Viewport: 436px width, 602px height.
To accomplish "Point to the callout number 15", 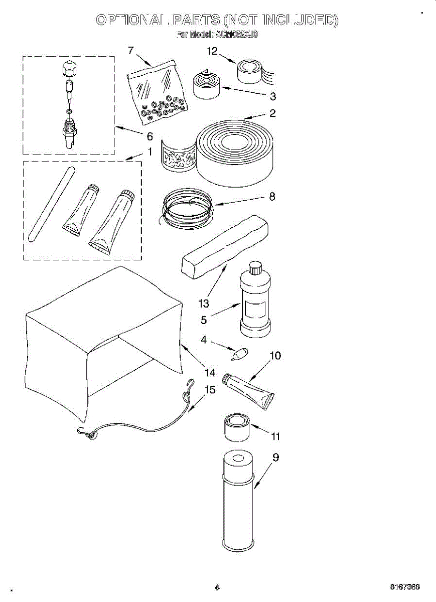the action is pyautogui.click(x=210, y=389).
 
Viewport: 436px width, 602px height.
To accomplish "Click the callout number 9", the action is pyautogui.click(x=275, y=458).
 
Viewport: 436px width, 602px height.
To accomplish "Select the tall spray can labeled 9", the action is pyautogui.click(x=238, y=502).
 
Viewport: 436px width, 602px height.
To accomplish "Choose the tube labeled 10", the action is pyautogui.click(x=249, y=390).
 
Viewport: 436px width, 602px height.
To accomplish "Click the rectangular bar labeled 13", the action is pyautogui.click(x=224, y=244).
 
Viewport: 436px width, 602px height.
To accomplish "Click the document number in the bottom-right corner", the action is pyautogui.click(x=405, y=586).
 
